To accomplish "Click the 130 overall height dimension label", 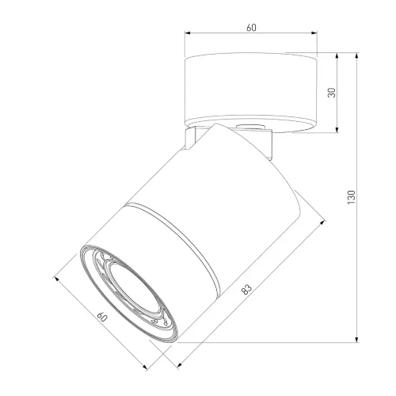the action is coord(352,197).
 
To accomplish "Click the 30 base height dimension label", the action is coord(332,93).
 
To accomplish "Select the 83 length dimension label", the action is coord(246,289).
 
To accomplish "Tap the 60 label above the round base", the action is coord(251,28).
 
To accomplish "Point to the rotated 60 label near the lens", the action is coord(102,317).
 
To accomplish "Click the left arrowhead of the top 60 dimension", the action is coord(187,33).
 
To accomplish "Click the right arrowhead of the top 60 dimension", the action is coord(314,33).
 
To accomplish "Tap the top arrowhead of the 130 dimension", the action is coord(357,55).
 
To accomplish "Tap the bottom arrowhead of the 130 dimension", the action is coord(357,340).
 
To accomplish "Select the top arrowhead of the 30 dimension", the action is coord(337,56).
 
